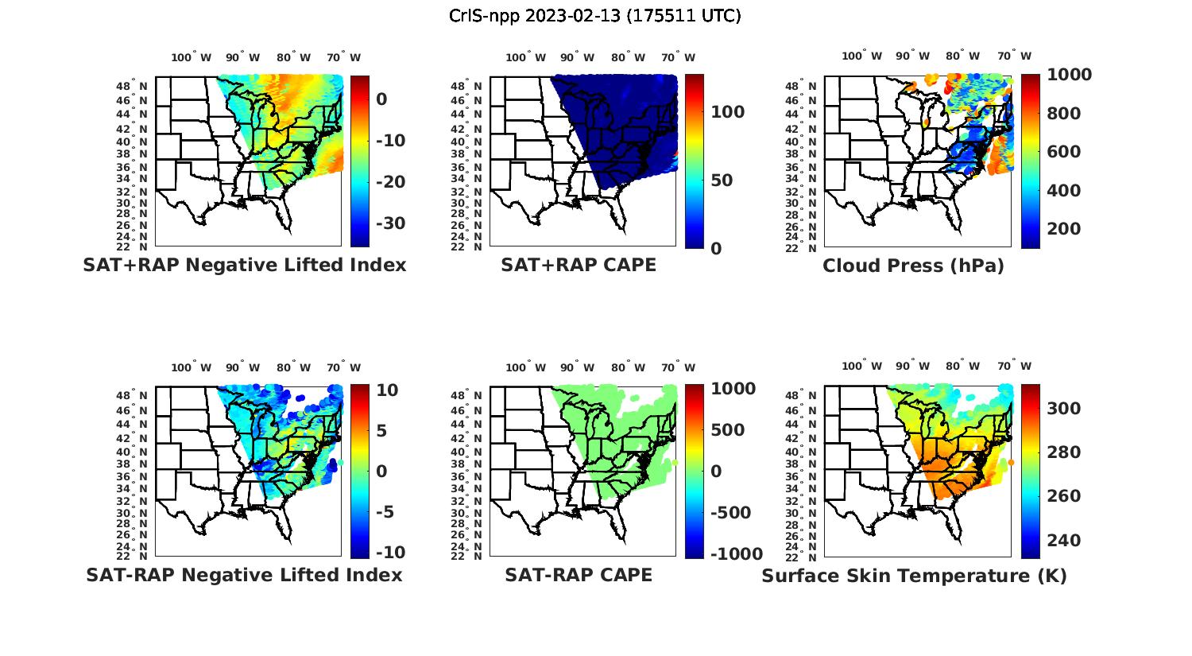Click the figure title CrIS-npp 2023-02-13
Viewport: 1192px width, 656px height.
click(x=594, y=16)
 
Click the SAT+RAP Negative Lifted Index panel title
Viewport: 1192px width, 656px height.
click(x=245, y=265)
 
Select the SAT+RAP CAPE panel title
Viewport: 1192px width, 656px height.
click(x=579, y=265)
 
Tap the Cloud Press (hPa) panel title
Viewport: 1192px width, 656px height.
click(x=913, y=266)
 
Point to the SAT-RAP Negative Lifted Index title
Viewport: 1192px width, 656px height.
click(x=245, y=575)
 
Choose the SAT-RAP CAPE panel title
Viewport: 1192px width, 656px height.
click(x=579, y=575)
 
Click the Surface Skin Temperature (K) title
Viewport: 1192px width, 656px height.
click(x=914, y=576)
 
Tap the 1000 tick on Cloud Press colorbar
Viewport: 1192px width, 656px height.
click(x=1069, y=75)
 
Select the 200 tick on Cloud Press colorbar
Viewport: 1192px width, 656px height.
click(x=1064, y=229)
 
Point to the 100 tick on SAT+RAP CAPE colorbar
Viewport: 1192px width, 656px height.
click(x=728, y=112)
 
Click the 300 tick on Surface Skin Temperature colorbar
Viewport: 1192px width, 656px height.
click(x=1064, y=409)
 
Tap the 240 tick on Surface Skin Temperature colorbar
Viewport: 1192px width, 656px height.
click(x=1064, y=541)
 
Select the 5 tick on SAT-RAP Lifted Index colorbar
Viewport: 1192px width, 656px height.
click(x=381, y=430)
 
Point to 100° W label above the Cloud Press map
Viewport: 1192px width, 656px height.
click(x=861, y=56)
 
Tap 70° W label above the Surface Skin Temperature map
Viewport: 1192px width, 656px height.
click(x=1014, y=367)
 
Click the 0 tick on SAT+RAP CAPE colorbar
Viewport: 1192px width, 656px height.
click(x=716, y=249)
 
